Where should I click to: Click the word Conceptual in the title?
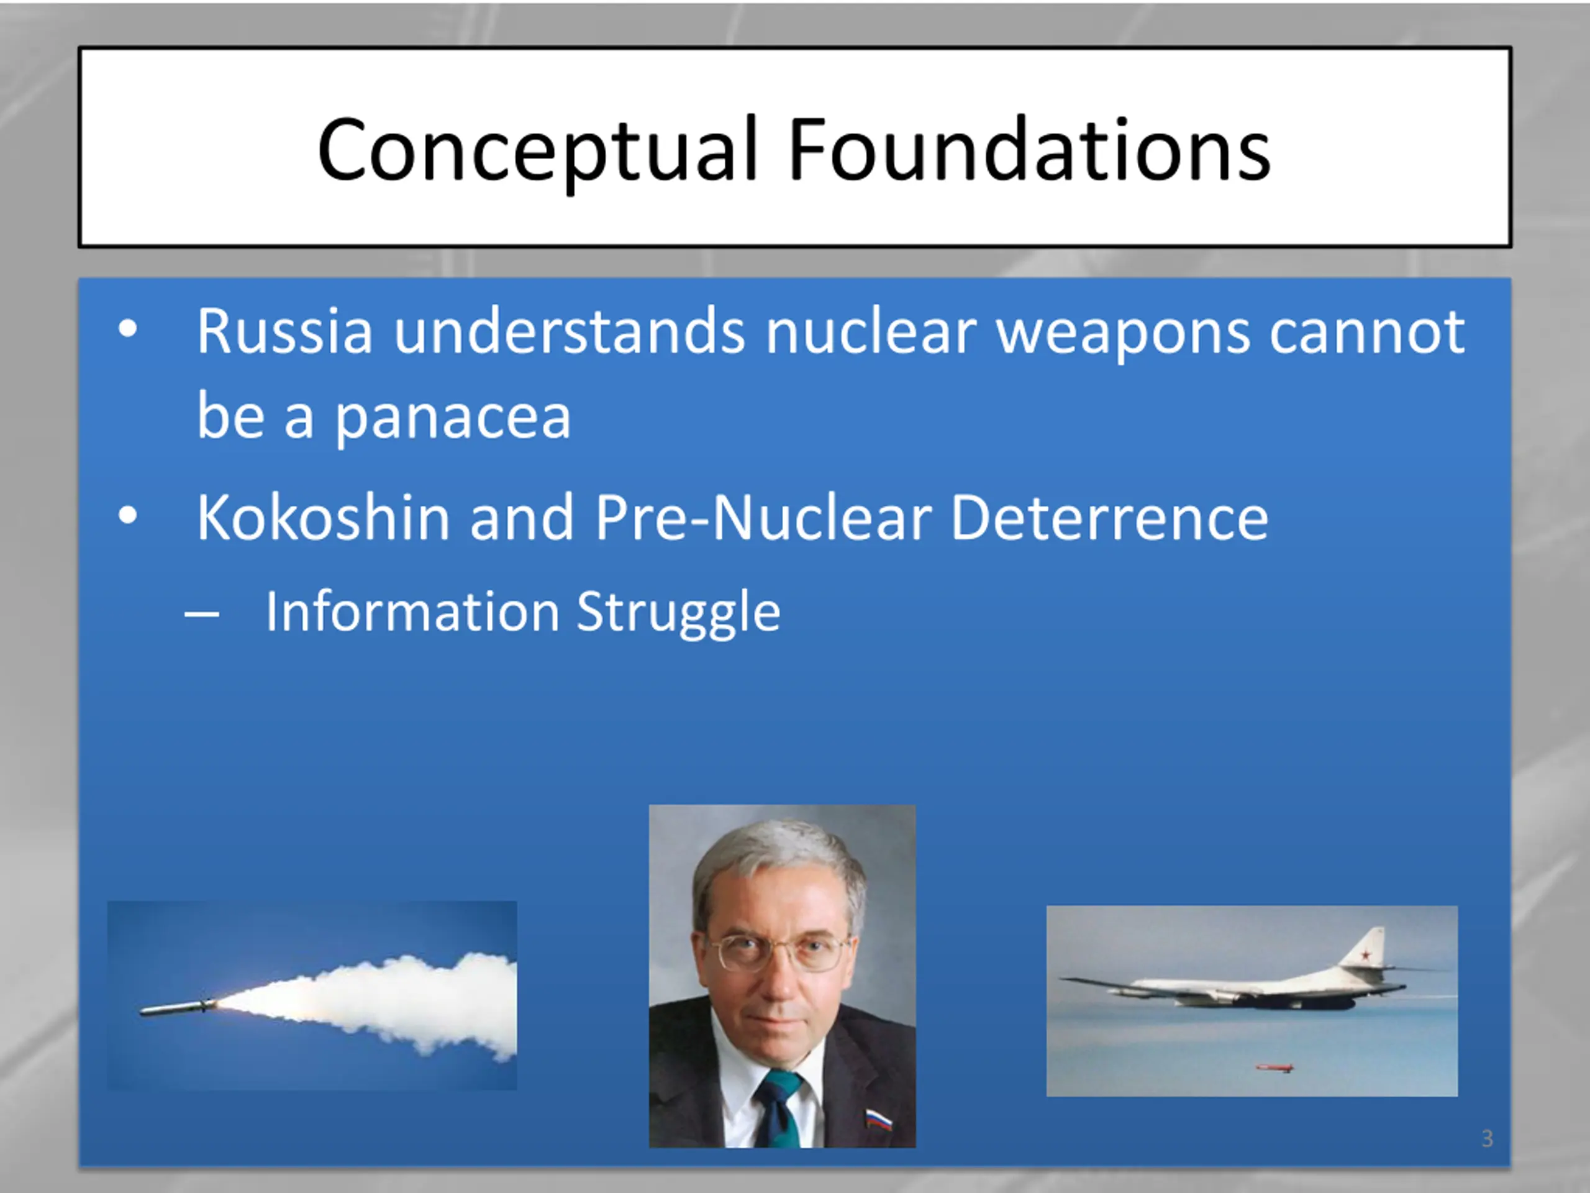(538, 151)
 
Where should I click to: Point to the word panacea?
(453, 419)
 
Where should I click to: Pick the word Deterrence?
(1110, 518)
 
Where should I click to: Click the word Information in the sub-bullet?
(412, 611)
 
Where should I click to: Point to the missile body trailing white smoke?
(177, 1007)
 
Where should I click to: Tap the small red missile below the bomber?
(1274, 1068)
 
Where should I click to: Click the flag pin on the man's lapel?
(878, 1120)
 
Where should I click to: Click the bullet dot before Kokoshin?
(128, 516)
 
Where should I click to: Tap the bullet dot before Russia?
(128, 329)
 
